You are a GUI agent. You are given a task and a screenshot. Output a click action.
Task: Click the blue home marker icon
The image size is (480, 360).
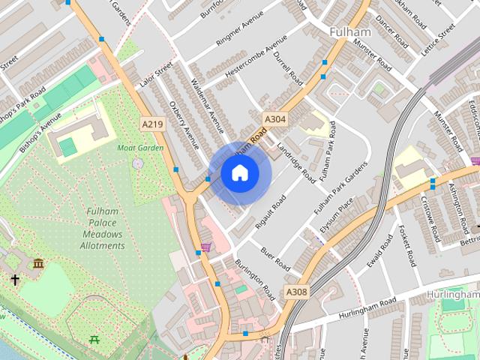(x=239, y=173)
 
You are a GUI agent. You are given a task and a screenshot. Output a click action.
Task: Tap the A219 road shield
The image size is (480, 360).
(x=152, y=124)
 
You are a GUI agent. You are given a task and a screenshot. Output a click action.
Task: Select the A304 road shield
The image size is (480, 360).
(x=274, y=118)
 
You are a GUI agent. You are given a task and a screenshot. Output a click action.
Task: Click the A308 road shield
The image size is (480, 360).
(x=296, y=292)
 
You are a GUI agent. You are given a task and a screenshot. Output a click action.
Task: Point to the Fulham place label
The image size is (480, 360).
(x=350, y=32)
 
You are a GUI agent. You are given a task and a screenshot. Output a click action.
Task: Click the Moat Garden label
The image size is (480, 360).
(x=140, y=148)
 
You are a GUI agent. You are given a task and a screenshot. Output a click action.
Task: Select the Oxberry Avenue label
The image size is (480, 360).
(x=183, y=124)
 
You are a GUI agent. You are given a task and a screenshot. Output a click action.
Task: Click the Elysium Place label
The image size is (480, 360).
(x=336, y=215)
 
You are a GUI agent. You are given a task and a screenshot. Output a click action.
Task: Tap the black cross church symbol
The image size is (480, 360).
(x=15, y=279)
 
